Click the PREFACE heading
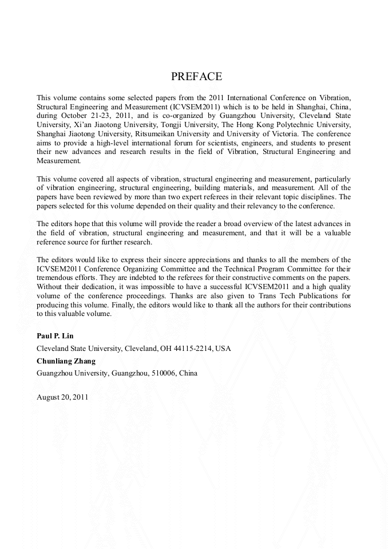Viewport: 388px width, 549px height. pyautogui.click(x=196, y=77)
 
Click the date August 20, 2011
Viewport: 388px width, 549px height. pyautogui.click(x=62, y=397)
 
